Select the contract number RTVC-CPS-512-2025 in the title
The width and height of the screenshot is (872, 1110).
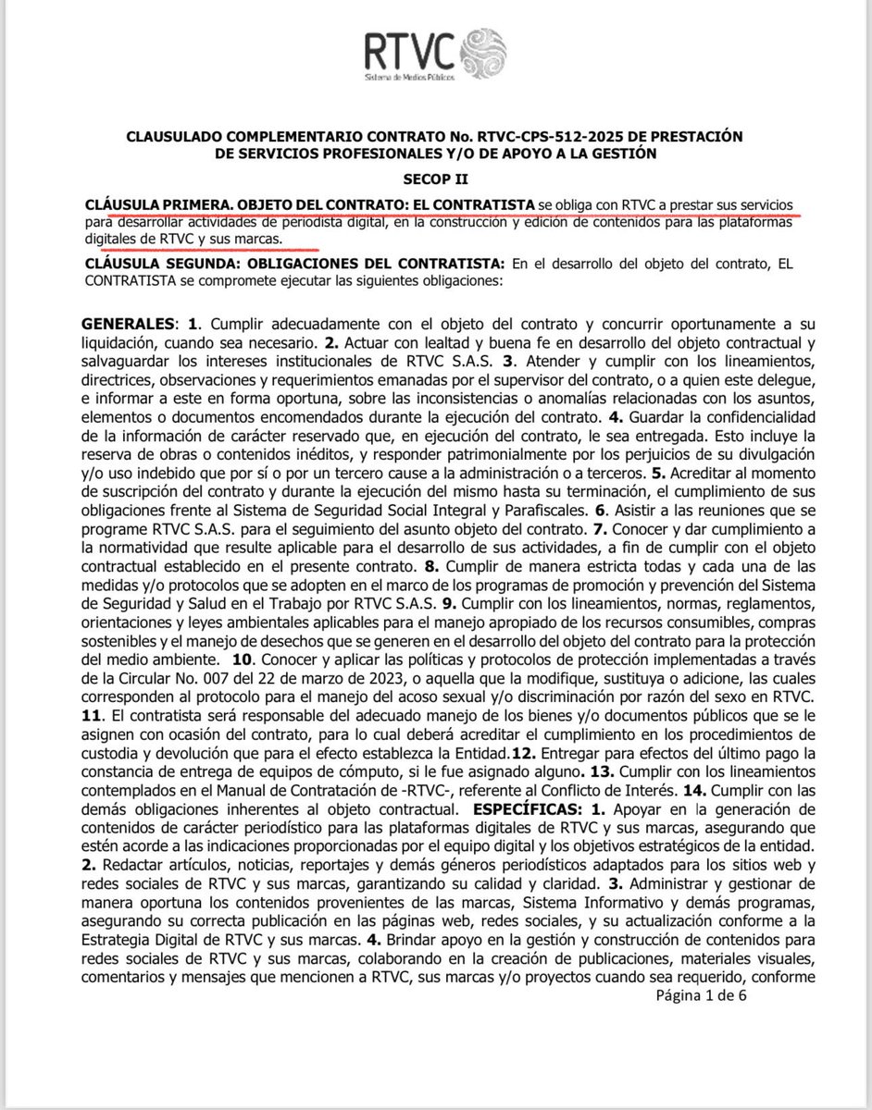(499, 137)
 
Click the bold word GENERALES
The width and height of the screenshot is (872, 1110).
(127, 325)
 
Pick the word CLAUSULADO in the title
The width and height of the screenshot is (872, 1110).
(177, 137)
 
